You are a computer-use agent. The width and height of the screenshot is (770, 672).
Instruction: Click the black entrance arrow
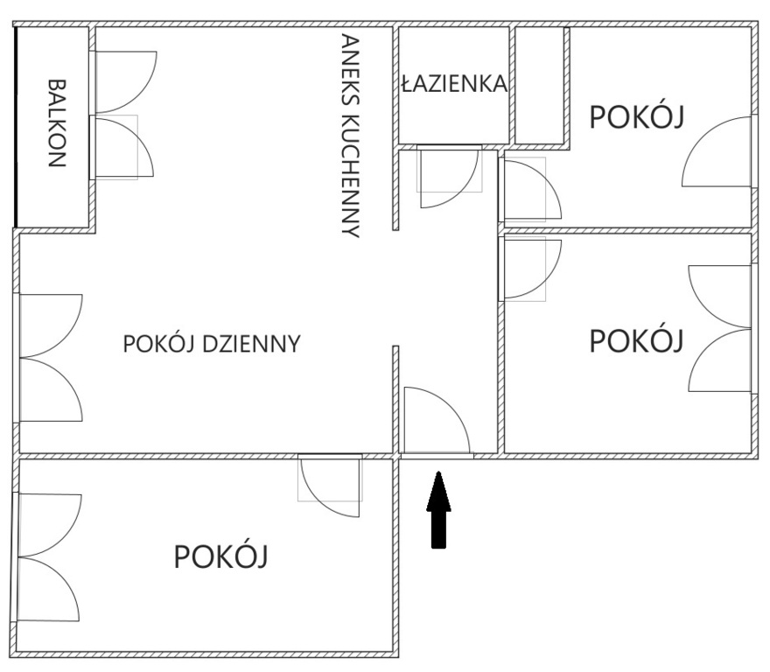438,509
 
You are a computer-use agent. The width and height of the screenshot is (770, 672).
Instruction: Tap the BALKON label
57,123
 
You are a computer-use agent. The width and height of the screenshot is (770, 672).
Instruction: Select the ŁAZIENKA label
454,83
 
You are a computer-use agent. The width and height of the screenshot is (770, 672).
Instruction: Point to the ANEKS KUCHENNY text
351,136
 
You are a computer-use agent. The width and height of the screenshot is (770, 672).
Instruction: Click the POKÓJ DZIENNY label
212,344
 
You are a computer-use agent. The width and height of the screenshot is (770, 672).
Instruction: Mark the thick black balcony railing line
17,127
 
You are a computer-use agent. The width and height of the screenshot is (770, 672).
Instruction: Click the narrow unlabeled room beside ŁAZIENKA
539,86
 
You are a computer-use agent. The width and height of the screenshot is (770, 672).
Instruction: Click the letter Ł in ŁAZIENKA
406,83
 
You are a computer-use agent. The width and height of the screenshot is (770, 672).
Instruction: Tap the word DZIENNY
251,344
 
